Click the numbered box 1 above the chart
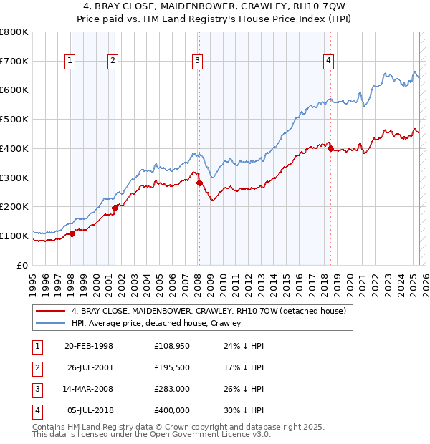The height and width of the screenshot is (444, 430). (x=70, y=62)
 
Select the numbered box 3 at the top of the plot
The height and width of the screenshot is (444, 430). (x=196, y=62)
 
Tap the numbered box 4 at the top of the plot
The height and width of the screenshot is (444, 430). (x=328, y=62)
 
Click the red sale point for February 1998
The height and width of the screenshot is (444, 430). (x=72, y=233)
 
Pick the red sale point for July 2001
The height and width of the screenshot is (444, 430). (x=115, y=208)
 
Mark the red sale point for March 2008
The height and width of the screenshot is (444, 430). (x=199, y=183)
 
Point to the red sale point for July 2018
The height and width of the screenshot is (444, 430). (x=330, y=148)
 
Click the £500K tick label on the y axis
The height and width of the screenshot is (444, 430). (x=14, y=120)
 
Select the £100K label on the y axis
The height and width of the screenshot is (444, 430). (x=14, y=236)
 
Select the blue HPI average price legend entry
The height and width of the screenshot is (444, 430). (x=156, y=323)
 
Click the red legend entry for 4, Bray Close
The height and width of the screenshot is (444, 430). (x=209, y=311)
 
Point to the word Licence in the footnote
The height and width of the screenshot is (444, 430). (x=216, y=435)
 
